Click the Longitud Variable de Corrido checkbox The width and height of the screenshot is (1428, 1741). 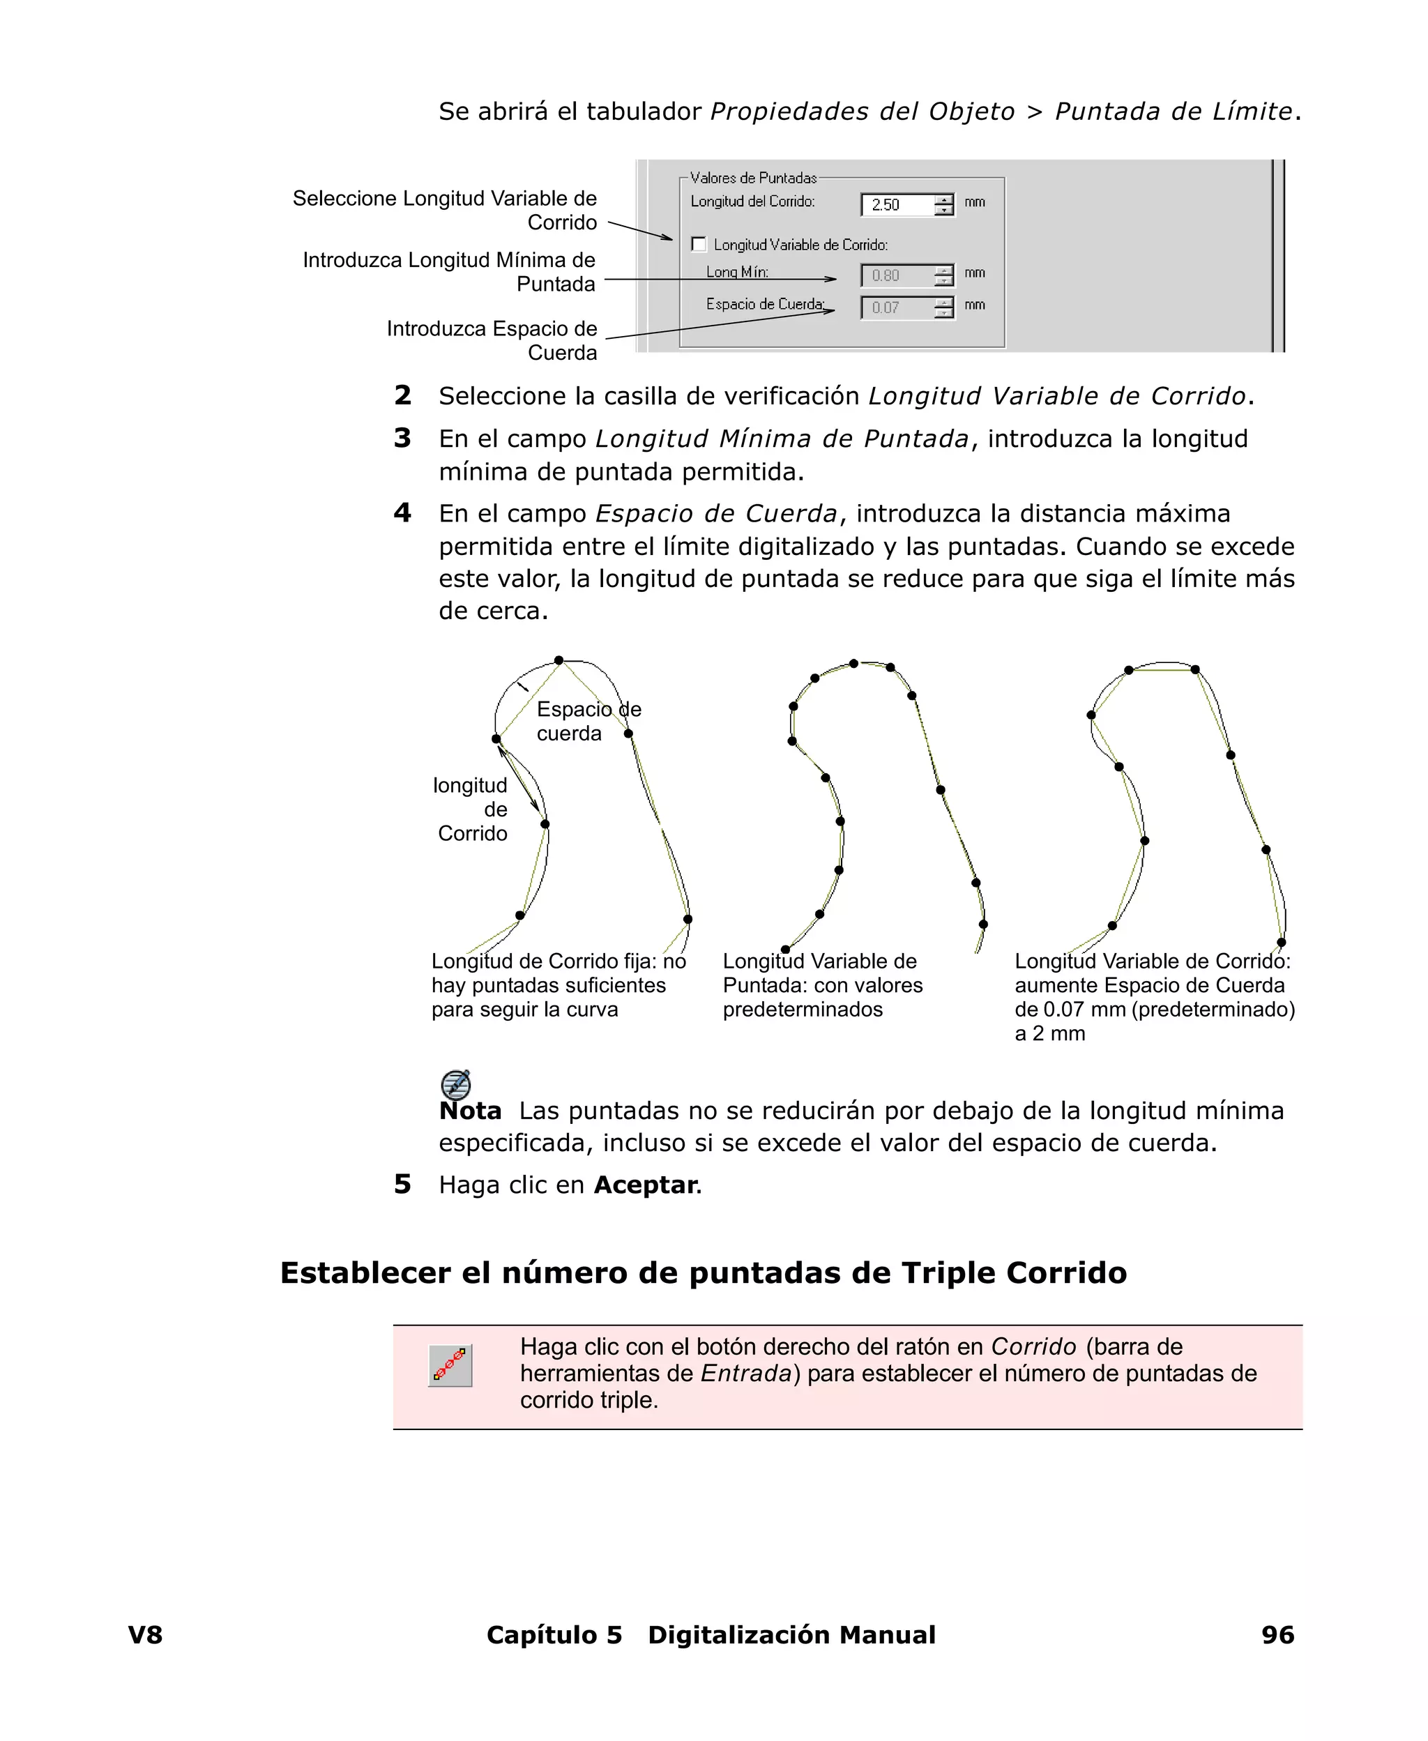[699, 244]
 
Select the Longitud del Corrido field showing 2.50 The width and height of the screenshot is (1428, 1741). [897, 204]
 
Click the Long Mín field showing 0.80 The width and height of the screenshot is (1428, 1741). [897, 275]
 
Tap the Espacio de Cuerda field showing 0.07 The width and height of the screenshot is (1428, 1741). [897, 307]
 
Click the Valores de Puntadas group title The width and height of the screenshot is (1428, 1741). [752, 178]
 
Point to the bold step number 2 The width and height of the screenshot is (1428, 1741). [402, 395]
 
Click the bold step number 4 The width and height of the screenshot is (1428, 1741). [402, 513]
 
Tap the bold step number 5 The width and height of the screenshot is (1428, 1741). [402, 1184]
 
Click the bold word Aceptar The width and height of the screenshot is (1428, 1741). [646, 1185]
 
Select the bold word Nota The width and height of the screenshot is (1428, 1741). [470, 1111]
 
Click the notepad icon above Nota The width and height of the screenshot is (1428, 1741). [456, 1085]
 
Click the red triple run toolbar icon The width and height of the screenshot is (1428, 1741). [450, 1366]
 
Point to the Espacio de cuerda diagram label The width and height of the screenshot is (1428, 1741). [588, 721]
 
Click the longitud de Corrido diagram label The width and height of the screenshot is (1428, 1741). [471, 809]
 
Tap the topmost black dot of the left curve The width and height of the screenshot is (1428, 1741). [559, 660]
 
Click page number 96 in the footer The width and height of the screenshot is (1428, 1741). [1277, 1635]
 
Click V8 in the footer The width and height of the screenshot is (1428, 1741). [146, 1635]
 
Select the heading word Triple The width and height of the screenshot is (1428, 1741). [948, 1273]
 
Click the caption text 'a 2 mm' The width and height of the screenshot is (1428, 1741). [1049, 1034]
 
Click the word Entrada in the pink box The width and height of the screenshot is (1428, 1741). [745, 1374]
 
